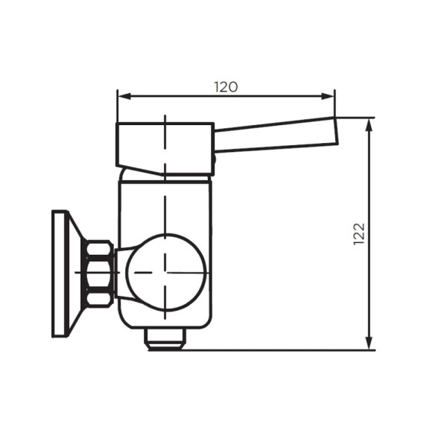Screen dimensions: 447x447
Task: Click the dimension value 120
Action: click(x=226, y=86)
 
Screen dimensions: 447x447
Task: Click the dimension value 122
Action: click(x=359, y=235)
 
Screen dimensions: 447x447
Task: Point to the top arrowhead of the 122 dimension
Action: click(x=369, y=124)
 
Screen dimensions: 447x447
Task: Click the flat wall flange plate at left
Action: click(x=60, y=273)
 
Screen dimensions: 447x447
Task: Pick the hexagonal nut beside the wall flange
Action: click(x=99, y=273)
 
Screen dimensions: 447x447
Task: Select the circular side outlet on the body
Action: click(x=165, y=272)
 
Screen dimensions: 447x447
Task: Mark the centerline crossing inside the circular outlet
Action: click(x=165, y=272)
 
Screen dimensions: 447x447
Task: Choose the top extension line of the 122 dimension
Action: click(x=354, y=118)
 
